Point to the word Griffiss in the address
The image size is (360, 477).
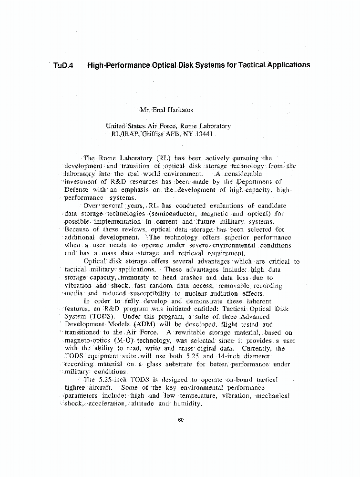pos(160,134)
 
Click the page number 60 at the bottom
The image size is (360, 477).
pos(180,420)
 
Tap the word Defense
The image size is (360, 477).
pos(77,189)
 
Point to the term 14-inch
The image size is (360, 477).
pos(220,356)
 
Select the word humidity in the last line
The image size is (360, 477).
pos(186,404)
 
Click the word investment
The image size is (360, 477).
pos(80,182)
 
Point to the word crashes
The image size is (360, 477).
pos(186,278)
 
